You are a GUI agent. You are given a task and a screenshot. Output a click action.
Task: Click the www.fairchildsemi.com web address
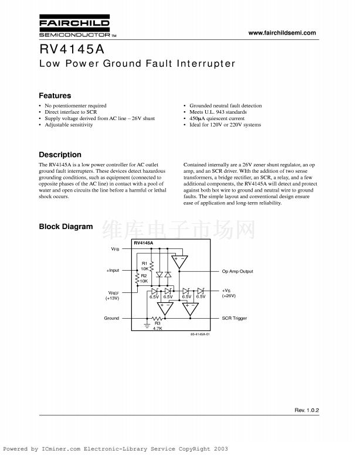pyautogui.click(x=282, y=33)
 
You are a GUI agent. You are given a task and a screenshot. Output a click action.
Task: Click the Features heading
pyautogui.click(x=55, y=95)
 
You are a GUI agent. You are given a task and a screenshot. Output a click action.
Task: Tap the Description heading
pyautogui.click(x=60, y=155)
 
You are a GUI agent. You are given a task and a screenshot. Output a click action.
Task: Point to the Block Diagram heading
pyautogui.click(x=66, y=227)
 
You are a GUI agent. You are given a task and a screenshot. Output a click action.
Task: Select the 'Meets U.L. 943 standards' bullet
pyautogui.click(x=218, y=112)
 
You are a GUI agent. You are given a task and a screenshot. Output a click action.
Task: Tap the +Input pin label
pyautogui.click(x=113, y=271)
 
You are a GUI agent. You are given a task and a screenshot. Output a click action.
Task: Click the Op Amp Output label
pyautogui.click(x=237, y=271)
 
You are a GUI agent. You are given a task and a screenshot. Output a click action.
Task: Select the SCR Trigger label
pyautogui.click(x=235, y=318)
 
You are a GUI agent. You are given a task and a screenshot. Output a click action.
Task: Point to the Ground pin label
pyautogui.click(x=111, y=318)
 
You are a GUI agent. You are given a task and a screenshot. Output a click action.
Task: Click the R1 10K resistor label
pyautogui.click(x=144, y=266)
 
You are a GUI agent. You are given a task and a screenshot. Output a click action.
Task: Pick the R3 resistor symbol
pyautogui.click(x=157, y=318)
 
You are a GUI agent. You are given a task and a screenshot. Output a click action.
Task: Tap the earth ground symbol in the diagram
pyautogui.click(x=146, y=323)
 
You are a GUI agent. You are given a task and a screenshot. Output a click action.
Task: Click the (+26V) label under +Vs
pyautogui.click(x=229, y=296)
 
